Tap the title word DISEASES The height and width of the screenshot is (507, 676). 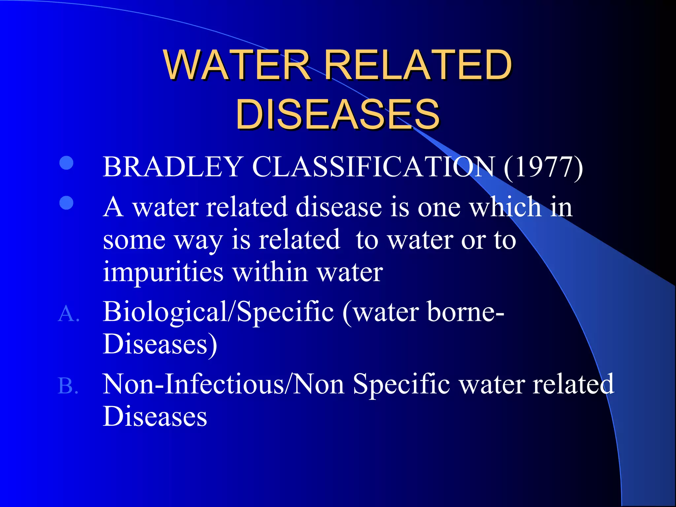point(337,114)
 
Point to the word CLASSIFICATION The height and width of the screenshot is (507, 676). point(373,167)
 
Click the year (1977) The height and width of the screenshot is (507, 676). point(543,167)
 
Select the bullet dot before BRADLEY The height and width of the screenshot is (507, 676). point(66,163)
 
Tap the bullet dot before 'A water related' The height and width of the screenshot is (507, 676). point(66,203)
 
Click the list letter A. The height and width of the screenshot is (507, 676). point(68,314)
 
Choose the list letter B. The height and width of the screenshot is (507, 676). point(68,386)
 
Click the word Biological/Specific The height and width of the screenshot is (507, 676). point(218,312)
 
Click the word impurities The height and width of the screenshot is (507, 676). point(163,272)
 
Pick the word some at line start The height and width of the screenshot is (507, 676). point(134,240)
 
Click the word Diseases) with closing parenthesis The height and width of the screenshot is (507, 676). point(160,344)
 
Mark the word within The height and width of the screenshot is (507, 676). point(270,272)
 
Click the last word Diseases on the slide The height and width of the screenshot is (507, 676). point(155,416)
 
